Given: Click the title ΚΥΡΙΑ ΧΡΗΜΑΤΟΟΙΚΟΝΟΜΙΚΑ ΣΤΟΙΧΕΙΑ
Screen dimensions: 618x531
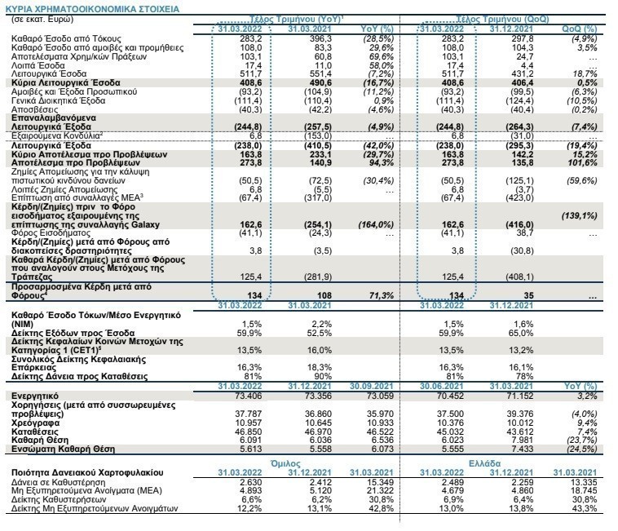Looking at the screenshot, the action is (93, 9).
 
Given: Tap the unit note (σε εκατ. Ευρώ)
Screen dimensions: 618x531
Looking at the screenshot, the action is (42, 20).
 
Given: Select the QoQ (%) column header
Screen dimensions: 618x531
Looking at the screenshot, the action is (580, 29).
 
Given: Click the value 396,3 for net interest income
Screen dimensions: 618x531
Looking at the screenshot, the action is (320, 38).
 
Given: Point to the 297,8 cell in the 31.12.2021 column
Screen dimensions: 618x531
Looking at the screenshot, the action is (523, 38).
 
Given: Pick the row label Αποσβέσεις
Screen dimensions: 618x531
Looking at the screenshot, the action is (35, 109).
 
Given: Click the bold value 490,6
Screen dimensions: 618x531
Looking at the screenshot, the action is (320, 82).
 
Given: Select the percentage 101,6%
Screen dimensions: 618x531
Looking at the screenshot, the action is (582, 163).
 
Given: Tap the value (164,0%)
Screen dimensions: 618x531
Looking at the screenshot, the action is (376, 224).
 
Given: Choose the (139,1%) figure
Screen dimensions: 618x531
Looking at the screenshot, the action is (580, 215).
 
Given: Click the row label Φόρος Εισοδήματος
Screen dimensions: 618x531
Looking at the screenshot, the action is (51, 233).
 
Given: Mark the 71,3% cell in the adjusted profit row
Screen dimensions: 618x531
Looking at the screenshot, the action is (382, 295).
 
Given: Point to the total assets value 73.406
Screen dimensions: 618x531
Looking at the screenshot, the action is (249, 396).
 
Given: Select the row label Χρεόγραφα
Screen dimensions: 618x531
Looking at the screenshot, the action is (36, 423).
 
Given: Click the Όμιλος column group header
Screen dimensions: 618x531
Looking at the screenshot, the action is (285, 463).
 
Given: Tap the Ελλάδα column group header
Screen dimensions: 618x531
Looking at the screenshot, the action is (484, 463).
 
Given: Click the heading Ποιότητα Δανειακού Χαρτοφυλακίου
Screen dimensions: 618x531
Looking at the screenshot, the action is (87, 472).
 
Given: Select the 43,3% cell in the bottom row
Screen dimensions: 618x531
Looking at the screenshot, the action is (585, 508).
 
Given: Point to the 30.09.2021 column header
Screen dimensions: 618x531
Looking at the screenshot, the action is (372, 386).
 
